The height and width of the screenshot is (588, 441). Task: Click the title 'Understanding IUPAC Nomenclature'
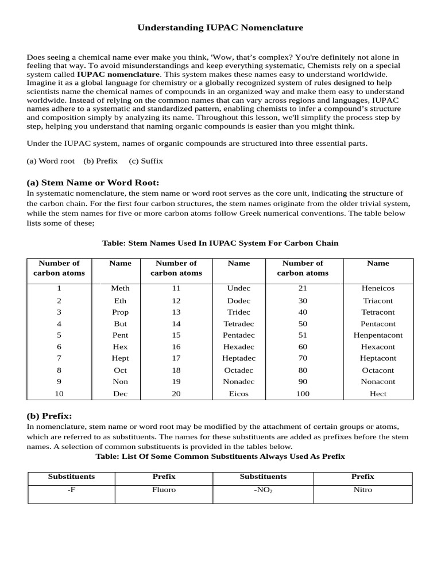pos(220,28)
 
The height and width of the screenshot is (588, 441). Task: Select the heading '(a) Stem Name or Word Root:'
pos(93,183)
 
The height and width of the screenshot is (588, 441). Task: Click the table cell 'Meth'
pos(121,288)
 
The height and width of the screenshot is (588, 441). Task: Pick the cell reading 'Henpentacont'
pos(378,335)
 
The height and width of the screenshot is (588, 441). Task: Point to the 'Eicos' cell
pos(239,394)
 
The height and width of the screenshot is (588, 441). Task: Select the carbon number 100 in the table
pos(303,394)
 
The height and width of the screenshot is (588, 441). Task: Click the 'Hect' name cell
pos(378,394)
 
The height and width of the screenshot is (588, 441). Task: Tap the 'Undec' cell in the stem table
pos(239,288)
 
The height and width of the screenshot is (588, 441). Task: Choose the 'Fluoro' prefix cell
pos(164,490)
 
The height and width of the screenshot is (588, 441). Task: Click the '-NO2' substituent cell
pos(262,490)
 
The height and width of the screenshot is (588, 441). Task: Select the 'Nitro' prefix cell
pos(362,490)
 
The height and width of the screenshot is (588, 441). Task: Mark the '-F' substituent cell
pos(71,490)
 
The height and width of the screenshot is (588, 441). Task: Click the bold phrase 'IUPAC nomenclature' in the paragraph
pos(119,75)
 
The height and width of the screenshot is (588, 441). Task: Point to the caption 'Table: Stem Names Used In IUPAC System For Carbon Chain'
pos(220,243)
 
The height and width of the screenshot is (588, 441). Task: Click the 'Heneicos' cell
pos(378,288)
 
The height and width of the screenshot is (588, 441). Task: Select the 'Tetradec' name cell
pos(239,324)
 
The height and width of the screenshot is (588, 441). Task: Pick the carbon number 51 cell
pos(303,335)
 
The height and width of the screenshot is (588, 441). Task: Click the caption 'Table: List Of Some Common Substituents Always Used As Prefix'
pos(220,457)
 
